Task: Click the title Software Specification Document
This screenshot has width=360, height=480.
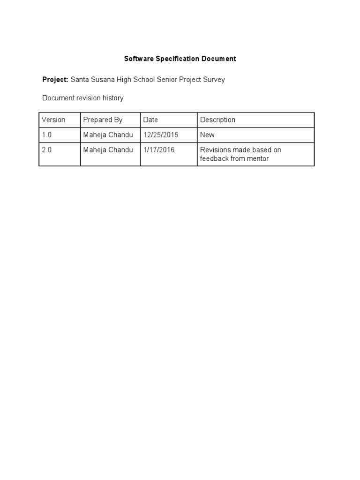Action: (180, 59)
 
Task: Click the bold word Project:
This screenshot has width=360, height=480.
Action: (55, 79)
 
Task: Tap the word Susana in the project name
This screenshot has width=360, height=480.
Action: (102, 79)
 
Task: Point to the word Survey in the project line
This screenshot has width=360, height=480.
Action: (213, 79)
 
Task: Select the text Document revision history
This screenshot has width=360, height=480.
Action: (83, 98)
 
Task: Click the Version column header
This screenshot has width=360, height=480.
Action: (53, 120)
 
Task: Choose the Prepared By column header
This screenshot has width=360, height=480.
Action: (103, 120)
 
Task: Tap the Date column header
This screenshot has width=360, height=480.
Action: (150, 120)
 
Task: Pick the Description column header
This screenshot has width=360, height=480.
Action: (217, 120)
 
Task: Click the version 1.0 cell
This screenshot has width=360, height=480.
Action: (46, 135)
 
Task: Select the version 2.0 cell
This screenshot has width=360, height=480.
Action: (46, 150)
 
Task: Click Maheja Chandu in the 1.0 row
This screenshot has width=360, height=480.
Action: (108, 135)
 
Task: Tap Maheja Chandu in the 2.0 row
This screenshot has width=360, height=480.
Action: (108, 150)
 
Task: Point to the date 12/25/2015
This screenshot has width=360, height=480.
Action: (161, 135)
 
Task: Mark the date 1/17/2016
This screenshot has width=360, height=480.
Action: (159, 150)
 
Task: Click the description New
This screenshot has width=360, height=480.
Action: (207, 135)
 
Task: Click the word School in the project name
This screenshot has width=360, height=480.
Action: (144, 79)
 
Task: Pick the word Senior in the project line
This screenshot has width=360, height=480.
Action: (167, 79)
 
